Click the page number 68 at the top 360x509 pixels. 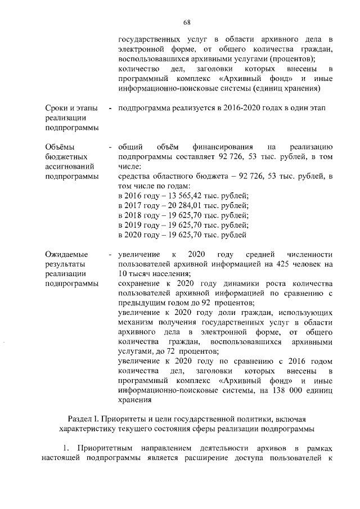pos(187,22)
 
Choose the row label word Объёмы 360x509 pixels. pos(60,147)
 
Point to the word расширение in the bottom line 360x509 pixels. pos(201,458)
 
